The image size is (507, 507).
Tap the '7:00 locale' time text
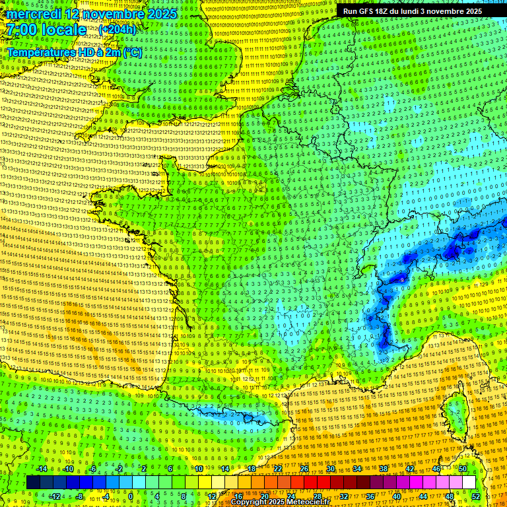click(46, 30)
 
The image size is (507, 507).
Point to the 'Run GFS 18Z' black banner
click(413, 11)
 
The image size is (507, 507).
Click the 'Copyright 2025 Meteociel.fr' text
click(280, 502)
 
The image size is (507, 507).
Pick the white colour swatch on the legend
click(469, 483)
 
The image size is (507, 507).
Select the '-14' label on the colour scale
click(42, 469)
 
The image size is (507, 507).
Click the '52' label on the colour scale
click(476, 496)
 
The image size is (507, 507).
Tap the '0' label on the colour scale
click(130, 496)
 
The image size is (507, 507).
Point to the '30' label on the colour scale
click(330, 469)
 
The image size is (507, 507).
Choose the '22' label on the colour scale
click(278, 469)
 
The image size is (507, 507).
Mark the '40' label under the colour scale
click(396, 496)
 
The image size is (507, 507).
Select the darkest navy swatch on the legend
click(33, 483)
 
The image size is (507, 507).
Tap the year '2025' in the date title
click(162, 14)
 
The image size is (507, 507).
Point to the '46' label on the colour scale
click(436, 469)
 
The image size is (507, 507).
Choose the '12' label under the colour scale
click(212, 496)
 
